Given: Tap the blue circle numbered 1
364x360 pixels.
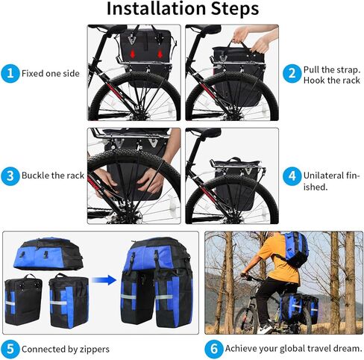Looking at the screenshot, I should click(x=10, y=73).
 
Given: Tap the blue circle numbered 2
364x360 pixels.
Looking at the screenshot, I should click(x=292, y=73).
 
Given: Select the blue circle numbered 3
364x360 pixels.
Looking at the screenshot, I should click(x=10, y=176).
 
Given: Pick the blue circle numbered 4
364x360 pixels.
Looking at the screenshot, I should click(x=292, y=177).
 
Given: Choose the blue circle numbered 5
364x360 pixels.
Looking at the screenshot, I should click(x=10, y=348).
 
